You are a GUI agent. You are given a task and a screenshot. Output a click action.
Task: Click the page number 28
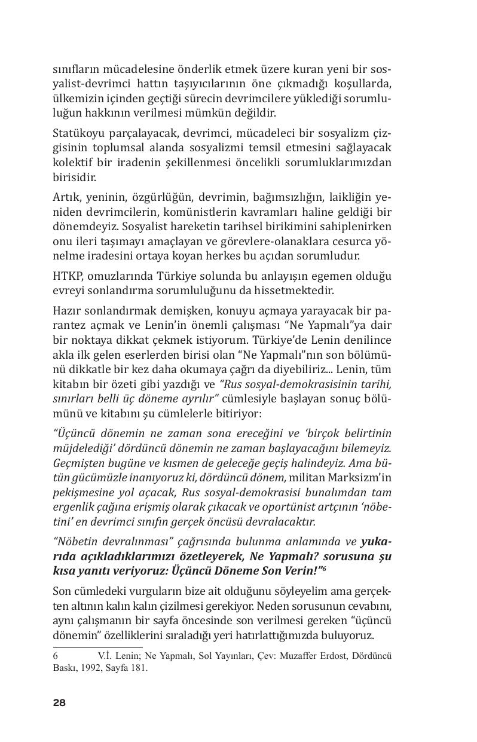pyautogui.click(x=59, y=703)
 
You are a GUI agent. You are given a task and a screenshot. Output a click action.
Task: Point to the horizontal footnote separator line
pyautogui.click(x=97, y=646)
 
